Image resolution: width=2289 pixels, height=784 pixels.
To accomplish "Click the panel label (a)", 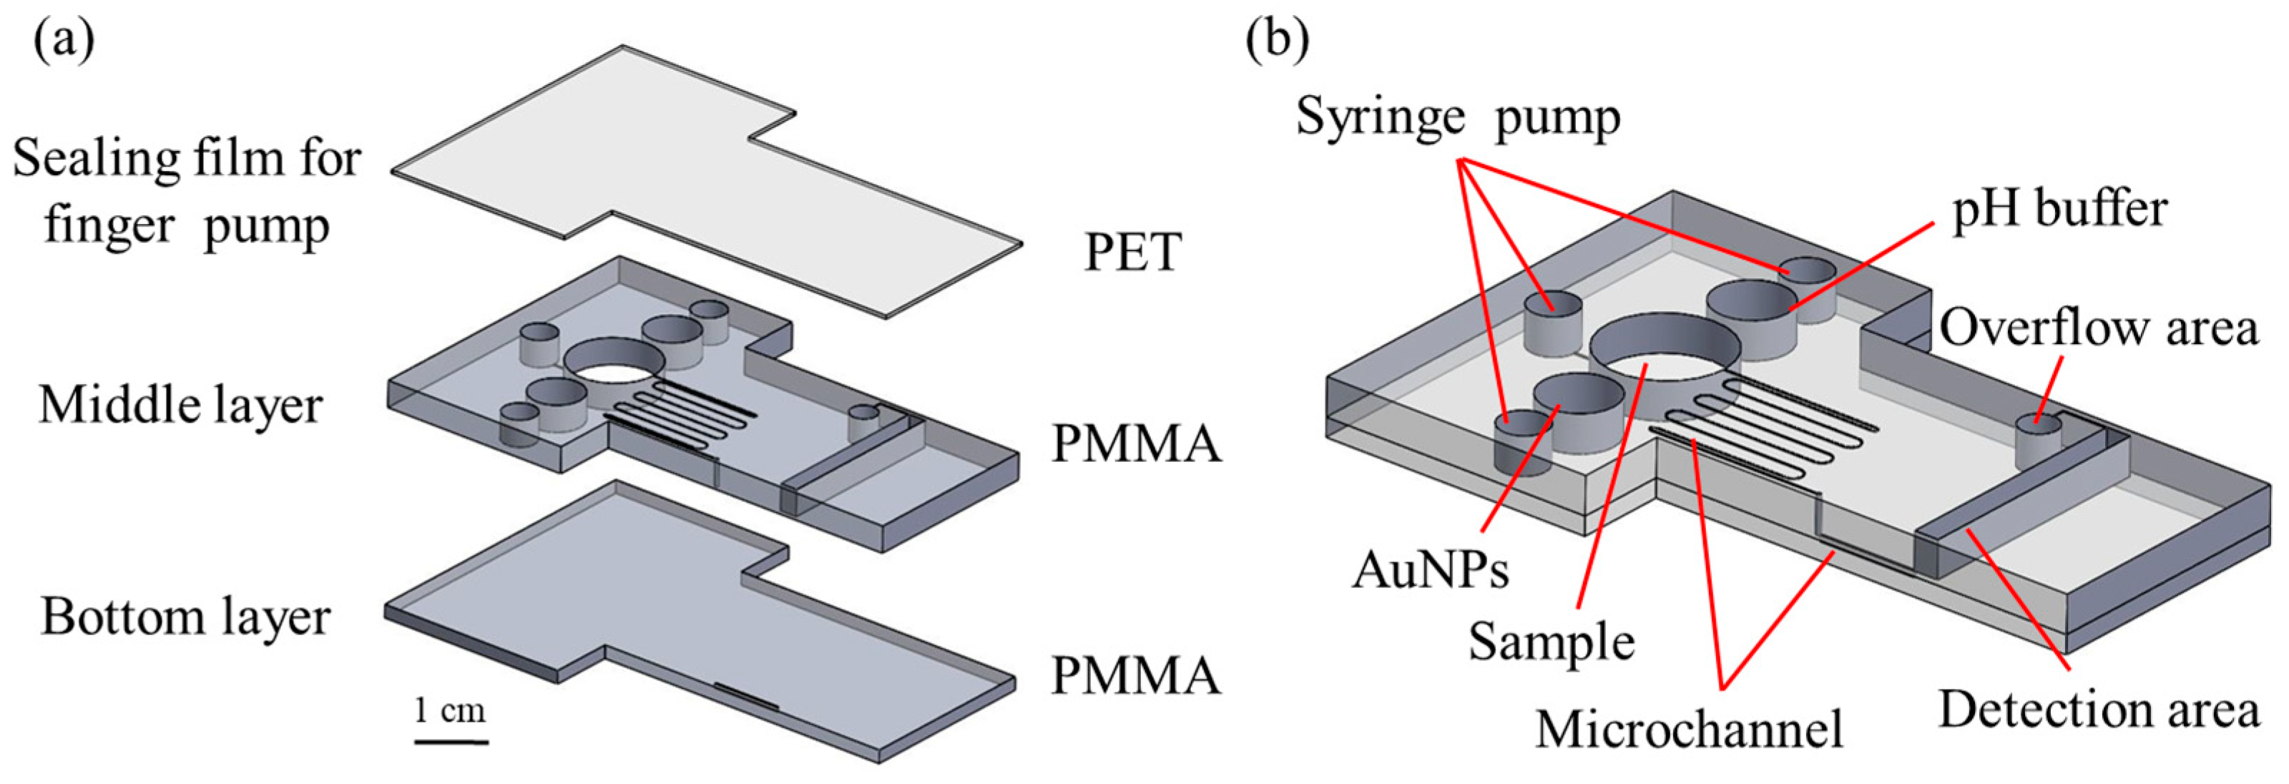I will click(63, 41).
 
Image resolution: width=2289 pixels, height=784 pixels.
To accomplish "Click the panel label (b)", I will click(1277, 41).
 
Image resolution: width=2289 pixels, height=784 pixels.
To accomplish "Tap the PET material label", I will click(1132, 253).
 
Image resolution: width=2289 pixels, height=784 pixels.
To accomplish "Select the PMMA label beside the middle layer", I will click(1136, 443).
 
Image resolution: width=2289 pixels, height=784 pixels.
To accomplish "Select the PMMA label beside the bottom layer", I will click(1136, 675).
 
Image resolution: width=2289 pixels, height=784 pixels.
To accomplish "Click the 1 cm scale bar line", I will click(451, 740).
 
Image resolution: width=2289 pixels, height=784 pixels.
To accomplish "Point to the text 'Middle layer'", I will click(180, 406).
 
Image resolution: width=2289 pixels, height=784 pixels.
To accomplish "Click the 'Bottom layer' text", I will click(186, 617).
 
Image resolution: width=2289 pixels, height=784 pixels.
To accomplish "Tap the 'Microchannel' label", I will click(1689, 729).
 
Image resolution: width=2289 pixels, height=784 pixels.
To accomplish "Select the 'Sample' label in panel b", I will click(1552, 641).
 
